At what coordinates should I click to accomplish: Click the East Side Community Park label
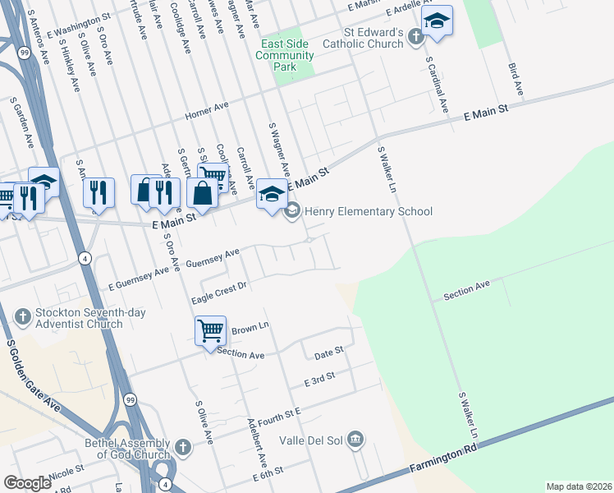(x=285, y=55)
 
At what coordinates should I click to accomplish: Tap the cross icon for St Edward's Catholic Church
(x=416, y=37)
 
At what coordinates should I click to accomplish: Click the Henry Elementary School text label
(x=368, y=211)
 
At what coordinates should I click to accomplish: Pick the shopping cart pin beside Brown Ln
(x=210, y=330)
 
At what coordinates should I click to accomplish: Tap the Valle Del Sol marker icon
(x=355, y=440)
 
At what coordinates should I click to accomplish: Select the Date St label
(x=328, y=352)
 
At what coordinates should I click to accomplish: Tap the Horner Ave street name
(x=206, y=110)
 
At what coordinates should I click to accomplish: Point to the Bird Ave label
(x=515, y=76)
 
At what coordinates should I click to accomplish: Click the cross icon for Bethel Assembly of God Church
(x=182, y=448)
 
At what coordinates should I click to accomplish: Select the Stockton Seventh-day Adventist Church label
(x=78, y=319)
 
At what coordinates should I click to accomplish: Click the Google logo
(x=27, y=483)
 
